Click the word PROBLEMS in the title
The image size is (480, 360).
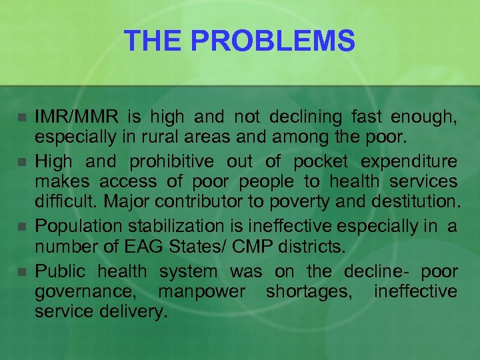[285, 41]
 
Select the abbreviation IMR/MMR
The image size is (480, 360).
[77, 119]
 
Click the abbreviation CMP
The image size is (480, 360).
[243, 247]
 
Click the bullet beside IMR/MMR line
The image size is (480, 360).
[21, 119]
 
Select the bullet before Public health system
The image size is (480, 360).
[21, 272]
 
